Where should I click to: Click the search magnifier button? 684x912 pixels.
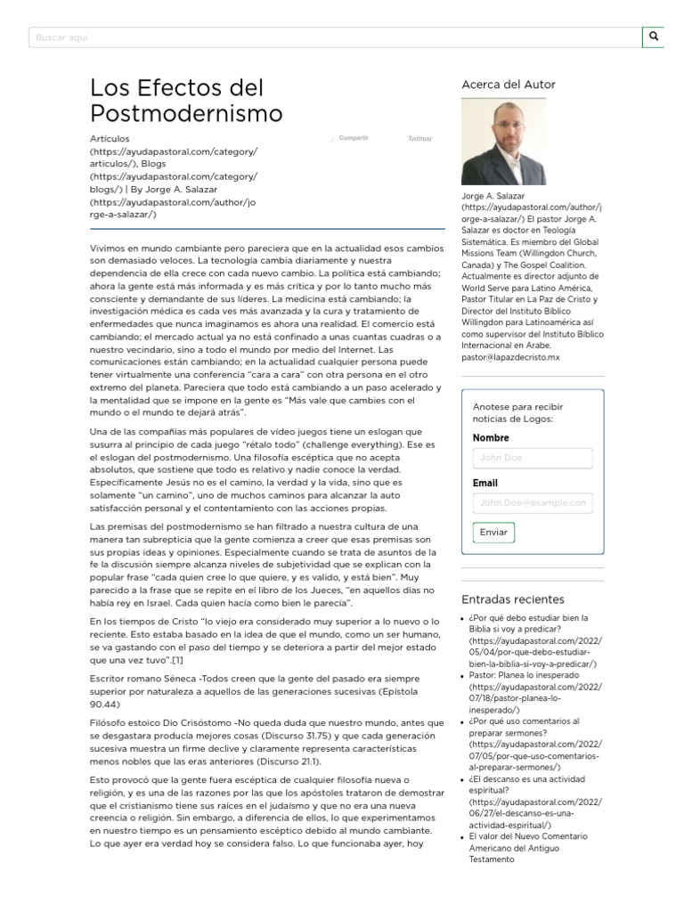point(654,37)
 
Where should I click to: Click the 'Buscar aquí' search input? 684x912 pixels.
point(334,37)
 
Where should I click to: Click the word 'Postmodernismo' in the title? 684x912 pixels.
point(186,113)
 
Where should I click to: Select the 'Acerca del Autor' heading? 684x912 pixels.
point(508,85)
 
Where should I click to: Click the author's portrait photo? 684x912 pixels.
point(503,142)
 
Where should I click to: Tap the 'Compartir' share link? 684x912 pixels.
point(354,139)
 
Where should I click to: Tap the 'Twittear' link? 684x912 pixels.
point(419,139)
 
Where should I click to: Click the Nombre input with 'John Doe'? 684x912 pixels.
point(533,458)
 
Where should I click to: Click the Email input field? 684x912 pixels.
point(533,502)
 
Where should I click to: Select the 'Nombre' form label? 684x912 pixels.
point(491,437)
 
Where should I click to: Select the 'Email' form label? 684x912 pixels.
point(485,483)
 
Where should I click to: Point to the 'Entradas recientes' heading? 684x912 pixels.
point(512,598)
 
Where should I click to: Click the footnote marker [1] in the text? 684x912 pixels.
point(178,660)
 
